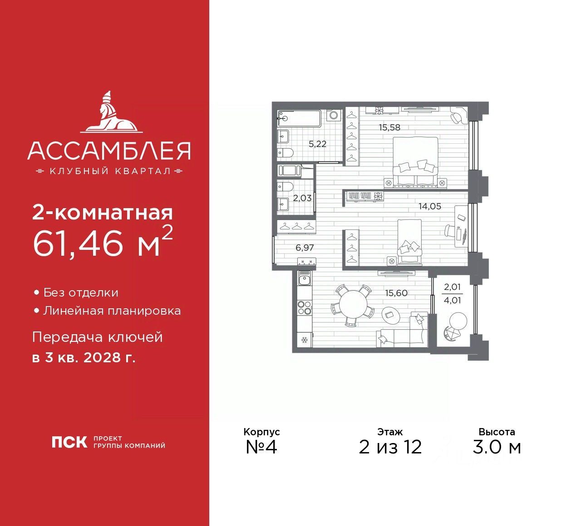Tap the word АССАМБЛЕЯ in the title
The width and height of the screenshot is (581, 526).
coord(109,151)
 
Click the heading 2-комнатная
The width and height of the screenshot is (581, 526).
coord(103,213)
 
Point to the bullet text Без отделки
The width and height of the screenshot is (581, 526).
coord(81,293)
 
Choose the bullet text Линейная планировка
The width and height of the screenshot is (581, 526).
coord(112,311)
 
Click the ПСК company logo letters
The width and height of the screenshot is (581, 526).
coord(69,442)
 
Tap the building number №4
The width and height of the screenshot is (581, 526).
coord(261,447)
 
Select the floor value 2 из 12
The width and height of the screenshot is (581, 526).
coord(390,447)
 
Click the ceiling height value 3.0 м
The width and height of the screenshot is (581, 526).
coord(497,447)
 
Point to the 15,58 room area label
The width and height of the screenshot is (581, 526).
coord(389,127)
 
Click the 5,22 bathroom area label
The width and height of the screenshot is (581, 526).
coord(317,144)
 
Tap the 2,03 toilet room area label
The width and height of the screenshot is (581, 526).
coord(302,198)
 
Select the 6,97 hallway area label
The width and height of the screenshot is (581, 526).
coord(305,248)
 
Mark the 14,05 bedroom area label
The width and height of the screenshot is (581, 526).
coord(429,206)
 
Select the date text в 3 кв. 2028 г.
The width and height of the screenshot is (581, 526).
coord(84,358)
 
